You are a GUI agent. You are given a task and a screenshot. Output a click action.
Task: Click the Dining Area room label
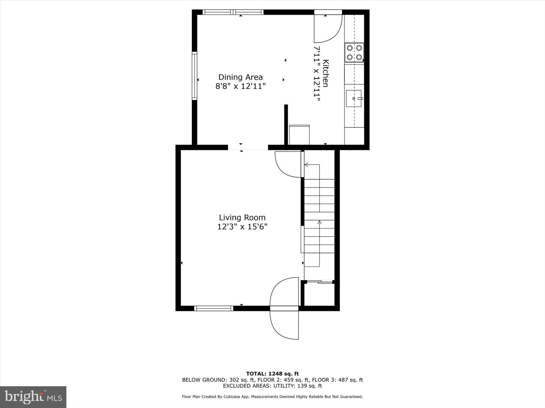[x=240, y=77]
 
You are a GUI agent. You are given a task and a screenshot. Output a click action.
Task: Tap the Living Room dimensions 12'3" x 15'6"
[x=242, y=227]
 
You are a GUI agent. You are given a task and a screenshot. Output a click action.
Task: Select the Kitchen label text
[x=326, y=73]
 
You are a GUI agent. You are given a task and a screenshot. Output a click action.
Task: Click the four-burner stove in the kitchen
[x=354, y=52]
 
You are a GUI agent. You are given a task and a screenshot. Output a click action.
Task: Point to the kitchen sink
[x=354, y=99]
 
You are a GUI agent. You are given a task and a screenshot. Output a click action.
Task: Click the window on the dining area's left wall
[x=194, y=76]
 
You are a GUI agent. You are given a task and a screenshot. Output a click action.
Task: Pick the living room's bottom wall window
[x=214, y=308]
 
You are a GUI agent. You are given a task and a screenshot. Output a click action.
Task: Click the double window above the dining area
[x=233, y=12]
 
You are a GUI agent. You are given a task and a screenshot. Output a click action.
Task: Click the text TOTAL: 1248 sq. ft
[x=272, y=373]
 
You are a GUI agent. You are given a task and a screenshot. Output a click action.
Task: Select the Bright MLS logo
[x=33, y=397]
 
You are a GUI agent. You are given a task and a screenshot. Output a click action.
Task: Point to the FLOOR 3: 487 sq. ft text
[x=337, y=380]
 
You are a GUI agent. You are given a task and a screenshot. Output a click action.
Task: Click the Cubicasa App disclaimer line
[x=272, y=397]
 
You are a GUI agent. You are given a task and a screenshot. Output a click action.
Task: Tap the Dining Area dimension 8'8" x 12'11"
[x=240, y=86]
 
